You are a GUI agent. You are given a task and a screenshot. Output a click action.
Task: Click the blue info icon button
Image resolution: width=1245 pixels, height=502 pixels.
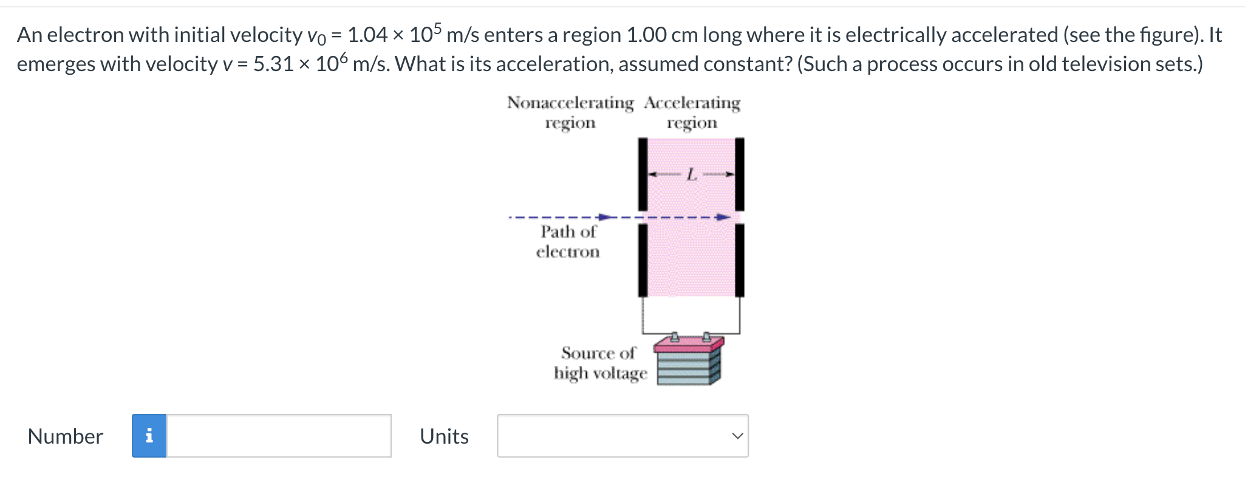point(149,436)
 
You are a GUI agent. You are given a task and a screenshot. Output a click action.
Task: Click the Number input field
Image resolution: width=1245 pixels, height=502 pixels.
point(279,436)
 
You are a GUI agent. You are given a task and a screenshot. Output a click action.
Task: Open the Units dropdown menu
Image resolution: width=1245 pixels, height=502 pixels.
point(622,436)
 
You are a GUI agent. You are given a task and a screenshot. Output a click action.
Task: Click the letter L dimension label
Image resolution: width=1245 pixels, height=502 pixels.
point(691,175)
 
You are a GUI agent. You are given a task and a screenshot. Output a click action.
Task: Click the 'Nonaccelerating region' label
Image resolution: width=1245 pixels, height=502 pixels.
point(570,112)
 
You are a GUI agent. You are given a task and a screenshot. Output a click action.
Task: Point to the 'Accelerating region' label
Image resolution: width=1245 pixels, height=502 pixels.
point(692,112)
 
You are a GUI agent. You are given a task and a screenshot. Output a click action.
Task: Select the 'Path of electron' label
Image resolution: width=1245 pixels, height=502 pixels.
point(568,241)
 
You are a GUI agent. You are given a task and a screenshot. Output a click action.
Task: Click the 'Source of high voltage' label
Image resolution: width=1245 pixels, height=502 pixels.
point(599,363)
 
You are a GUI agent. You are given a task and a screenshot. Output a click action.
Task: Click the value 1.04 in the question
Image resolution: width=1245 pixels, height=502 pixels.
point(367,35)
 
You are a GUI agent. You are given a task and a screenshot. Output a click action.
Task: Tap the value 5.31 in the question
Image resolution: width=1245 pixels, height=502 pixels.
point(273,64)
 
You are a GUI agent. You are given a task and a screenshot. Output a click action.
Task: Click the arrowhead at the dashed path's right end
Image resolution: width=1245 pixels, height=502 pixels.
point(723,217)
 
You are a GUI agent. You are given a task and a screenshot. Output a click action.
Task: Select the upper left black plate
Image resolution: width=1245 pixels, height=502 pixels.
point(643,174)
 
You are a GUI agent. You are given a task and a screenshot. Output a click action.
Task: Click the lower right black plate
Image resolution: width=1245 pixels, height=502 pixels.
point(740,260)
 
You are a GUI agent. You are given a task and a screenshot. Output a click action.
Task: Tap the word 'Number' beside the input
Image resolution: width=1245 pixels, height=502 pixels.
point(66,436)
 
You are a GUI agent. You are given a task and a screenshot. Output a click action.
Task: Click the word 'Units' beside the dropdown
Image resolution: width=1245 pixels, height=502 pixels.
point(444,436)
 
